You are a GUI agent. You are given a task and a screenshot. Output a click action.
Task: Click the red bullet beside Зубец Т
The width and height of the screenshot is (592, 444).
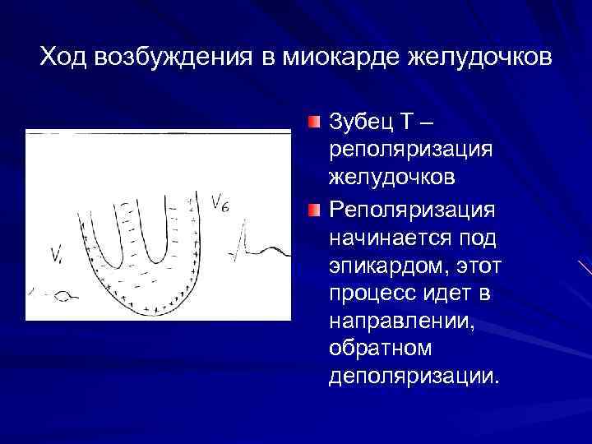315,123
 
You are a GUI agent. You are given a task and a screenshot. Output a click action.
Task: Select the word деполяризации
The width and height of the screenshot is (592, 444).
412,377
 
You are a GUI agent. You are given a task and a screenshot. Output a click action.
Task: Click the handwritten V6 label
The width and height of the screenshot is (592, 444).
220,202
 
